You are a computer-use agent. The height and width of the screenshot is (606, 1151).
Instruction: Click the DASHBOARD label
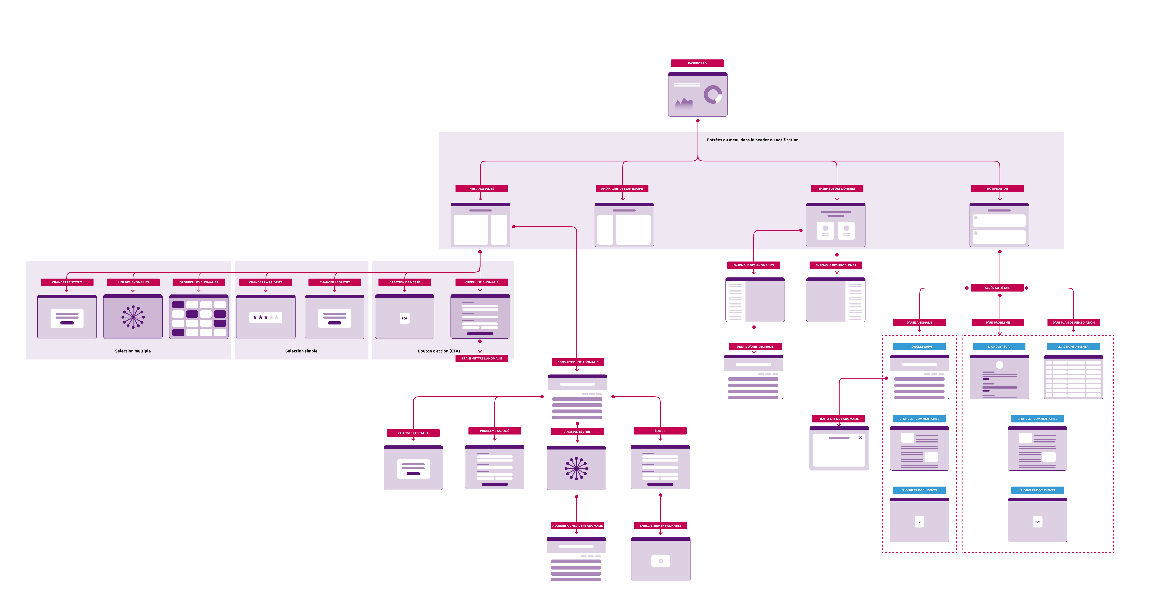(x=697, y=63)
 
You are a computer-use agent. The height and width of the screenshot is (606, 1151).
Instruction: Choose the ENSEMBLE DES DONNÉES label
(x=836, y=189)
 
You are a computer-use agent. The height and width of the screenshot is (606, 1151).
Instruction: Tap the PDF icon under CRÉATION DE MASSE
(x=404, y=318)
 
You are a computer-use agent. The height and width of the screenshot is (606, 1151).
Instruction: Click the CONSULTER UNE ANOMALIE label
(x=577, y=362)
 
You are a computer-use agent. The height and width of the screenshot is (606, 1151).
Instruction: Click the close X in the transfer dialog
(x=860, y=438)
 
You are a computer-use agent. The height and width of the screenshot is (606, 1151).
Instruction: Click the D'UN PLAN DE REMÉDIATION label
(x=1073, y=322)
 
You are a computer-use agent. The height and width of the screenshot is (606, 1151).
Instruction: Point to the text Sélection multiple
(x=133, y=351)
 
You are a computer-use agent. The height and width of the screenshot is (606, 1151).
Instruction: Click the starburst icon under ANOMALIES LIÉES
(x=576, y=468)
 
